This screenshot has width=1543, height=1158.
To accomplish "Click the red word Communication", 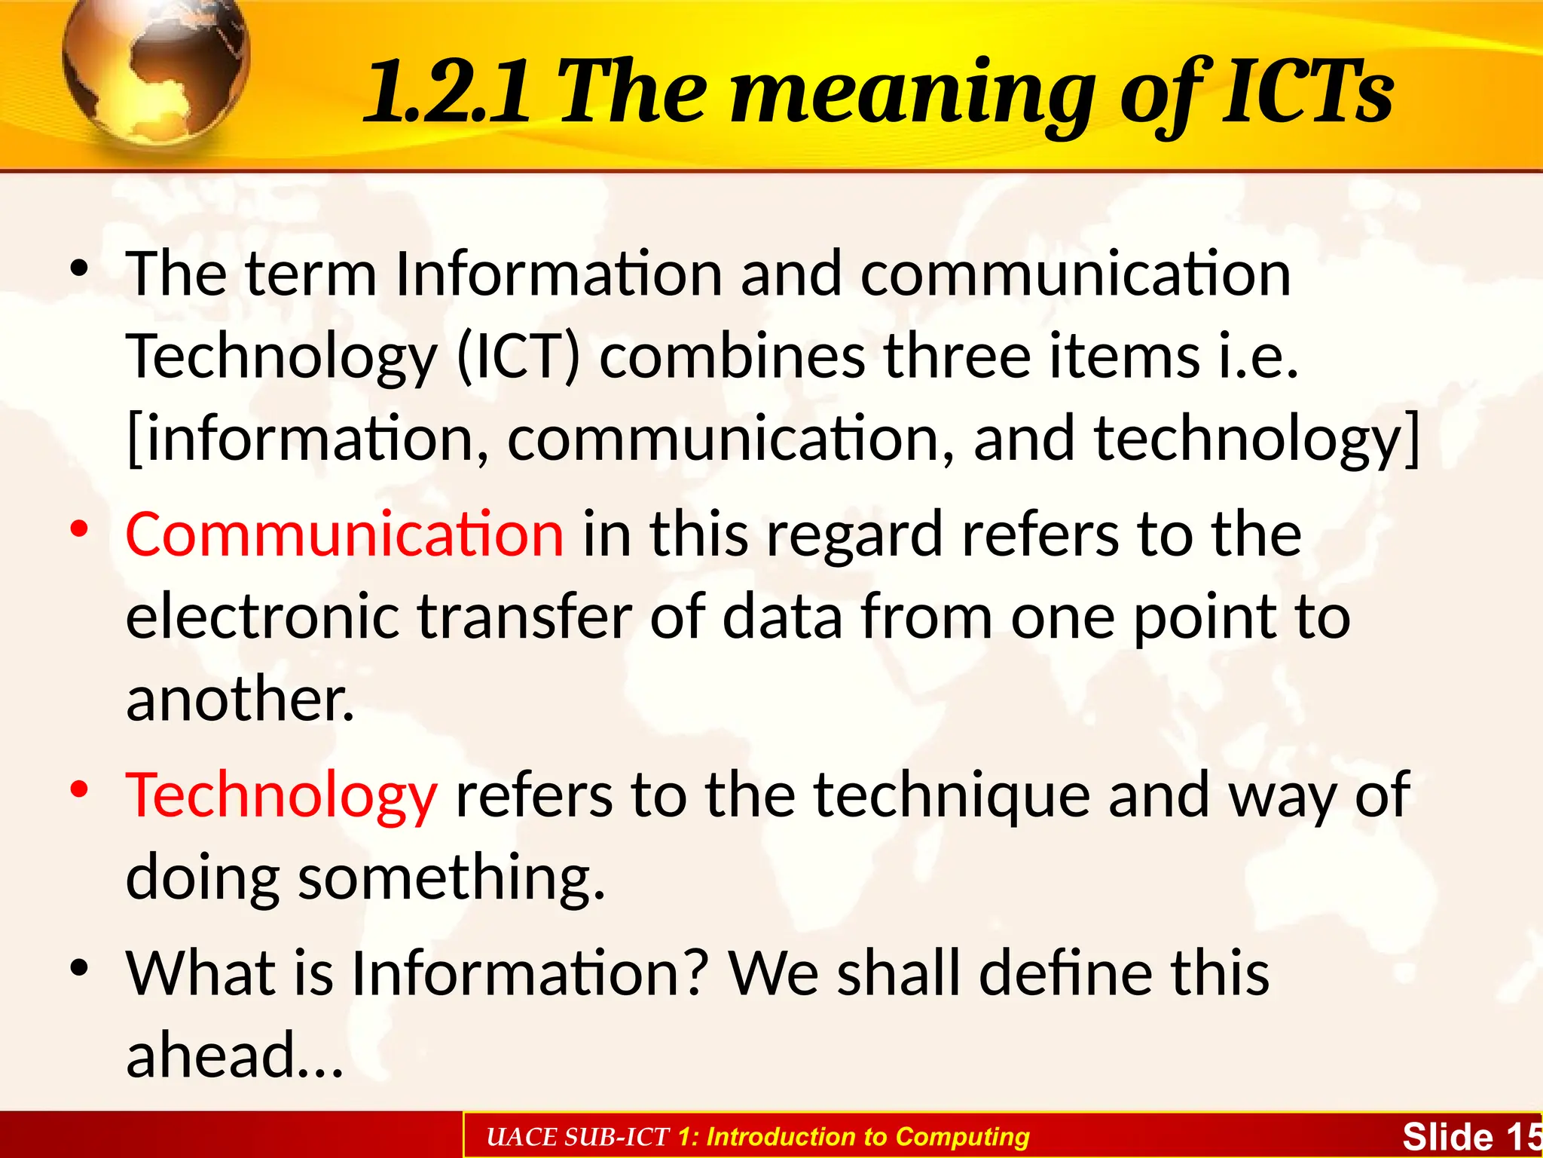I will tap(344, 534).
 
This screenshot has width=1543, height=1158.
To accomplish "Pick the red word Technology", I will tap(280, 795).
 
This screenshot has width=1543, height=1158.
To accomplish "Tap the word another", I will tap(240, 699).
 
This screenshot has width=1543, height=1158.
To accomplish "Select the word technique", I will tap(952, 795).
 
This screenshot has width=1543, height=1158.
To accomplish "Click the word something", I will tap(451, 878).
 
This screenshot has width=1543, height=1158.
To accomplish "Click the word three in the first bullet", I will tap(957, 356).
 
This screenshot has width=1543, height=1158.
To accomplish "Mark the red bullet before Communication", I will tap(79, 529).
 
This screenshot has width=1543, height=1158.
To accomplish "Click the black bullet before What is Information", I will tap(79, 968).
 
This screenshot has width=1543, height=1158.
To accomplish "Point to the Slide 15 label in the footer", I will tap(1469, 1137).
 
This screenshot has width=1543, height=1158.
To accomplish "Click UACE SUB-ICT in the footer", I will tap(578, 1137).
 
